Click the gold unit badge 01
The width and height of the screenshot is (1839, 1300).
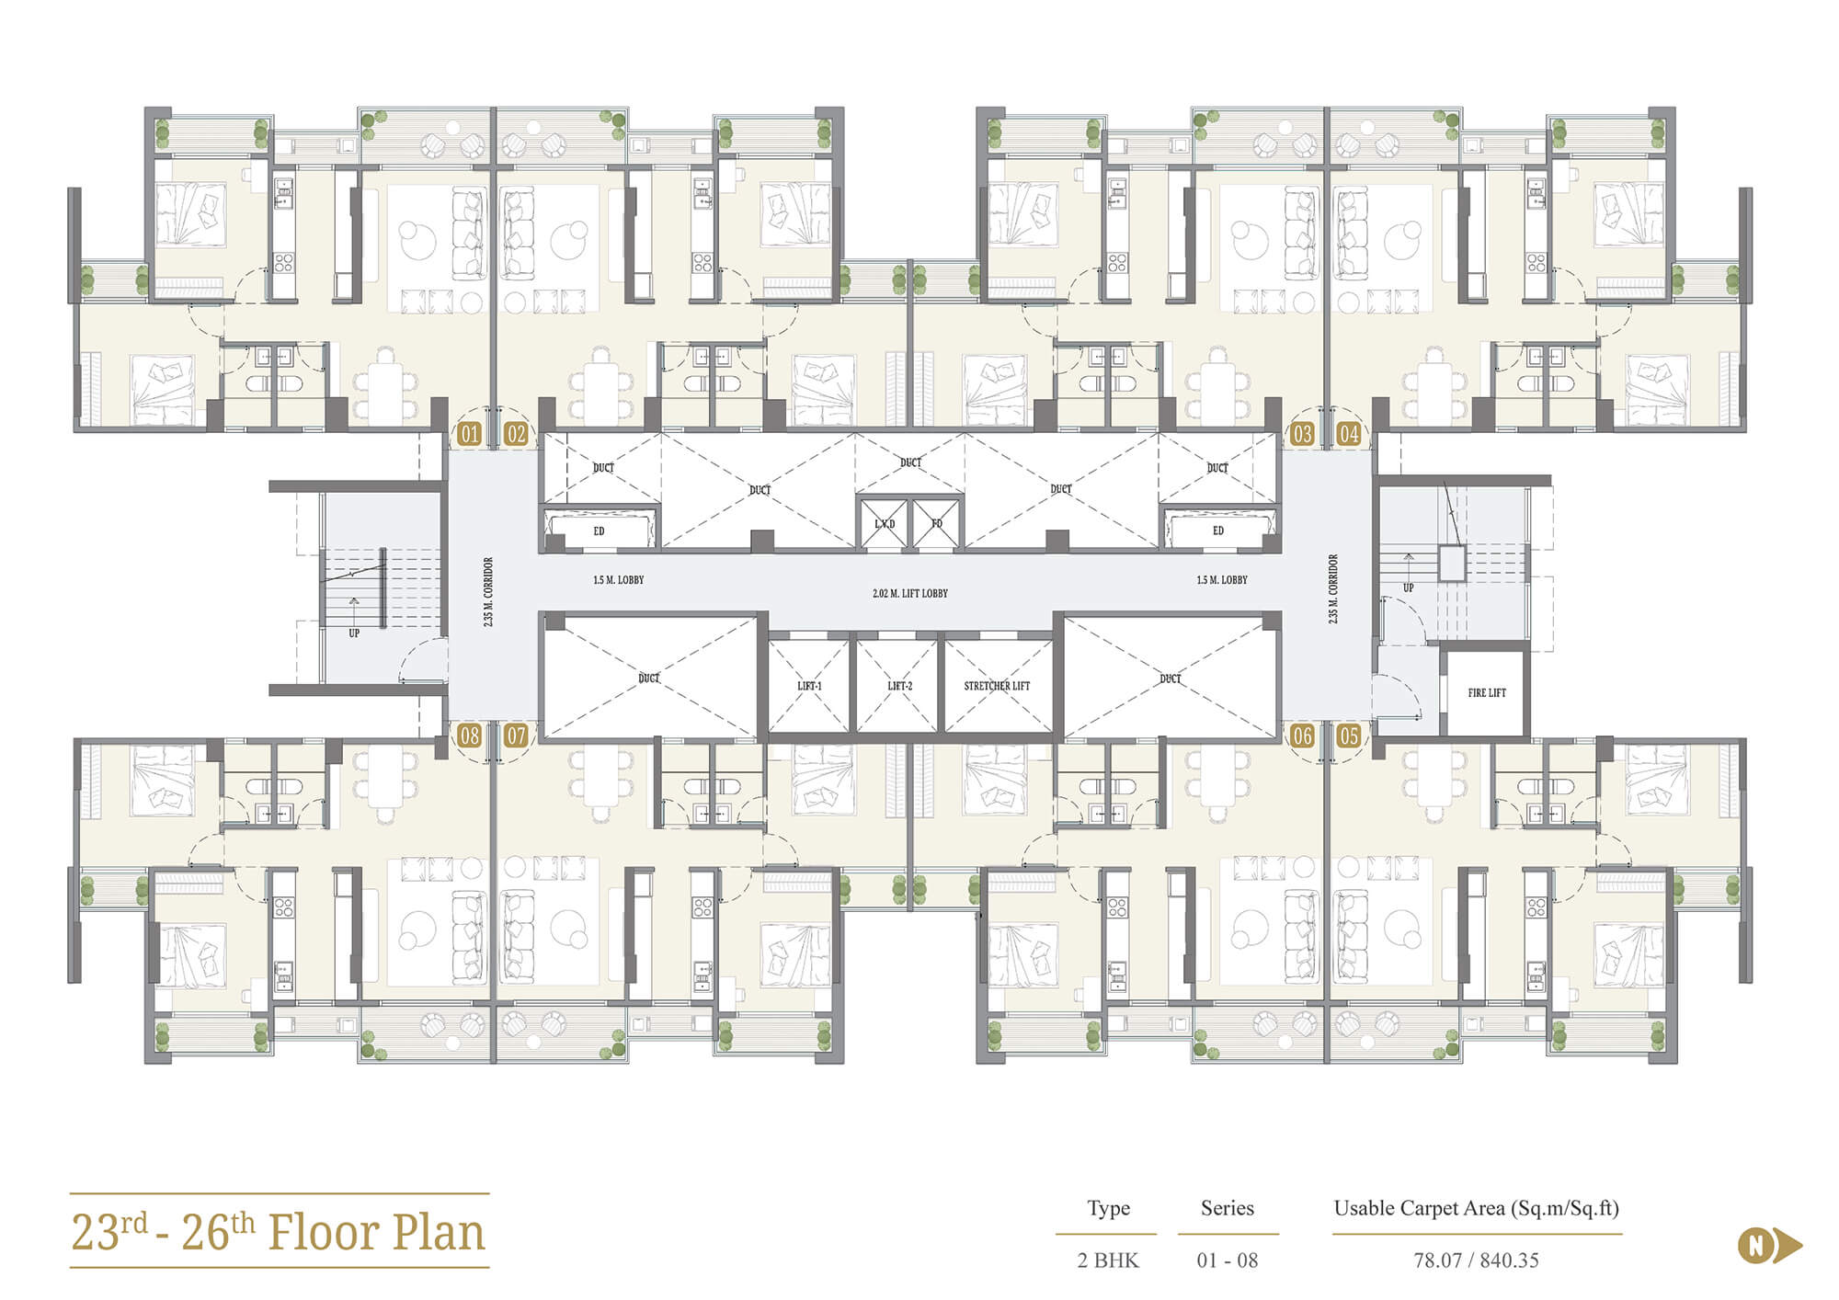click(469, 434)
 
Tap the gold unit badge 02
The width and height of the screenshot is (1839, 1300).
click(516, 434)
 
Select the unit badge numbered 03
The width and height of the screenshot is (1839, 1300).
click(1302, 434)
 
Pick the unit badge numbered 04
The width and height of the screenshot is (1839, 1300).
click(1349, 434)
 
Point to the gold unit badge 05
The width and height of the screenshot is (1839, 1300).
click(1349, 736)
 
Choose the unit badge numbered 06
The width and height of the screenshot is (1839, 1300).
click(1302, 736)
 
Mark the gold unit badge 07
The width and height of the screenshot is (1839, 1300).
click(516, 736)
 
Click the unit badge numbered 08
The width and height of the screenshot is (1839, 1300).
click(469, 736)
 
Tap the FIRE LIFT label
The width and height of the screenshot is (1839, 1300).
click(1487, 693)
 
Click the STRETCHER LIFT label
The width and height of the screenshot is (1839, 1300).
click(997, 686)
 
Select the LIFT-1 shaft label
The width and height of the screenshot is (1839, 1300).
click(809, 686)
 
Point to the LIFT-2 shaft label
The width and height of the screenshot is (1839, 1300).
click(899, 686)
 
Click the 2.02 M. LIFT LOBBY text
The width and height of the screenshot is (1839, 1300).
click(910, 594)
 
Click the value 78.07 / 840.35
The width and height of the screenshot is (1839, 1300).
click(1476, 1260)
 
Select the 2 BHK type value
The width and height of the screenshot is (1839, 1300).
click(1108, 1260)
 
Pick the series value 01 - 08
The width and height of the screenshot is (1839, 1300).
click(1228, 1260)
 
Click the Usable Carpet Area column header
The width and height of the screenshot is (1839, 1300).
click(1477, 1209)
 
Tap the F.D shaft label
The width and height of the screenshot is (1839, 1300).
click(937, 524)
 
